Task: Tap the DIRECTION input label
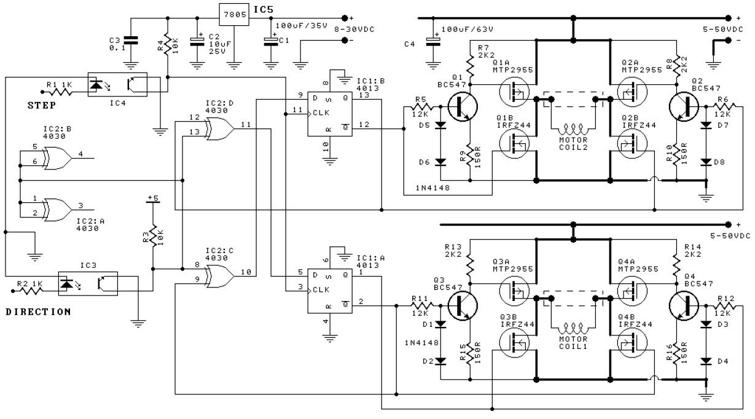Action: (x=38, y=311)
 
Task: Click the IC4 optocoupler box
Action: (x=116, y=85)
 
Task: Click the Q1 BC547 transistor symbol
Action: (x=463, y=106)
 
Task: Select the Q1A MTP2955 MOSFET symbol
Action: (x=514, y=92)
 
